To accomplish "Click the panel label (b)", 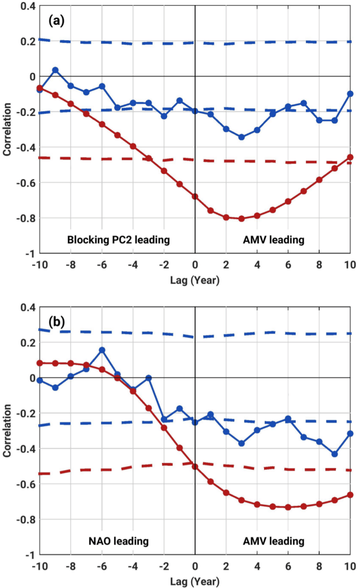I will [x=55, y=322].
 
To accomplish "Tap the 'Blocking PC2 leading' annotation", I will [x=118, y=239].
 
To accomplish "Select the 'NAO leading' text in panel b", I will [x=118, y=541].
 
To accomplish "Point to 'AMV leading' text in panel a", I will [x=273, y=239].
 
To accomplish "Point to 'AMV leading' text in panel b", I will [x=273, y=541].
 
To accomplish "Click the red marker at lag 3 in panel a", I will [x=242, y=219].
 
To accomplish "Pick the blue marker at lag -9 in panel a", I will [x=55, y=70].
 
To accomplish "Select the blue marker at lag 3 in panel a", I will [x=242, y=137].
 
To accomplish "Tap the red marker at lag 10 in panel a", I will [x=350, y=157].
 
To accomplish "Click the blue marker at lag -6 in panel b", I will [x=102, y=350].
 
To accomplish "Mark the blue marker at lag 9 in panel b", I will [x=335, y=454].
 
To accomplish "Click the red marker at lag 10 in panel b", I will [x=350, y=495].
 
